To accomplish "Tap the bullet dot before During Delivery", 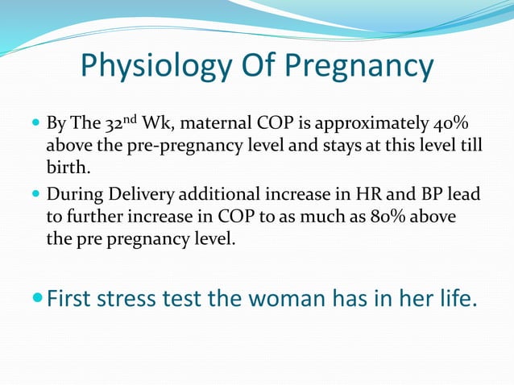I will click(38, 196).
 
